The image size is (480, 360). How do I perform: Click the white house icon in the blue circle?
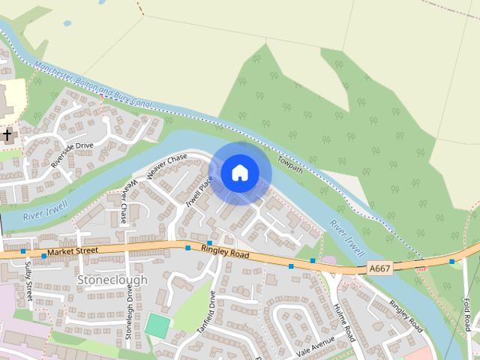coord(239,173)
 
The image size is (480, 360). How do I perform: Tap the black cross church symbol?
coord(7,135)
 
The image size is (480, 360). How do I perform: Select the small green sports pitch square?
coord(157,325)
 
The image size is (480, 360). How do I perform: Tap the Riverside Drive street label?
coord(72,155)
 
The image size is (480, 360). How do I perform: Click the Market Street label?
coord(72,251)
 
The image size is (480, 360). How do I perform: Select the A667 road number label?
coord(379,266)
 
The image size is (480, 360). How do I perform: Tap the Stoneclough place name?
coord(112,280)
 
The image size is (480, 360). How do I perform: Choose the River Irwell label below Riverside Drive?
coord(46,210)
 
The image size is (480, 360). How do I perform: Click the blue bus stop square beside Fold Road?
coord(452,262)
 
